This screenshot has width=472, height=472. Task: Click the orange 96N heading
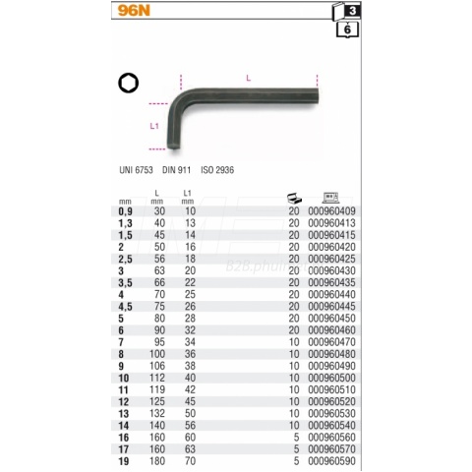click(x=134, y=11)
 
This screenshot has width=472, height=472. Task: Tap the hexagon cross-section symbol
click(x=129, y=83)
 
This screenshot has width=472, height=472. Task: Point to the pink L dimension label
click(x=249, y=78)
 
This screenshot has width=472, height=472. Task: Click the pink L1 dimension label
click(x=154, y=126)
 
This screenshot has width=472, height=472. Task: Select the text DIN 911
click(x=176, y=170)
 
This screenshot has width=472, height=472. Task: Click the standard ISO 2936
click(x=217, y=170)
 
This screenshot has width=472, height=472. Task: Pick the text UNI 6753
click(x=136, y=170)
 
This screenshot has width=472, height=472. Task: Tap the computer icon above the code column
click(x=330, y=198)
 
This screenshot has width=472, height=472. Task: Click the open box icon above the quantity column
click(x=294, y=198)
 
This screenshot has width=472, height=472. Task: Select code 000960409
click(x=331, y=211)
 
